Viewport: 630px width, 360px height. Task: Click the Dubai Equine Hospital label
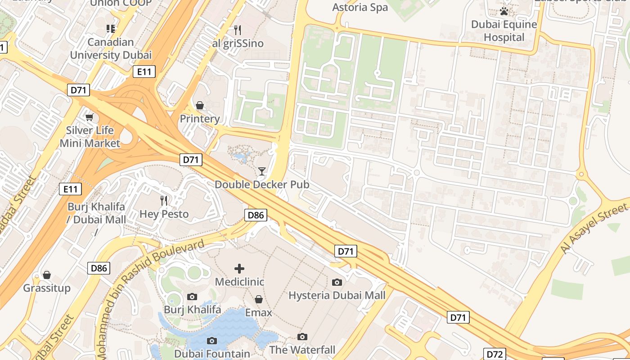[504, 31]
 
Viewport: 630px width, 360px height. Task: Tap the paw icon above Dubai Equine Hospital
[504, 11]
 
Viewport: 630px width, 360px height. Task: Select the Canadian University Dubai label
[111, 49]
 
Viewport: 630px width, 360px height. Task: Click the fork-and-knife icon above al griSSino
[238, 30]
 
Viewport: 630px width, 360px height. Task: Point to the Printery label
[200, 119]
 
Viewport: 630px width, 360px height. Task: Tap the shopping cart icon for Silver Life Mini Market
[89, 117]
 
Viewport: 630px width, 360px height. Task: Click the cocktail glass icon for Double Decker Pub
[261, 171]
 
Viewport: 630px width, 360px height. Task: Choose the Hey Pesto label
[164, 214]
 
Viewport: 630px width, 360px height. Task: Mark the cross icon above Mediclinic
[239, 269]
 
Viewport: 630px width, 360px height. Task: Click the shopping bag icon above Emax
[259, 299]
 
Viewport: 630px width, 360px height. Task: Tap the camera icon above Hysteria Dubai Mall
[337, 282]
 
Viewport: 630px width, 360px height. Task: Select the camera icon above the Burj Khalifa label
[192, 297]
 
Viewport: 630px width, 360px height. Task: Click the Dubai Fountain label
[212, 354]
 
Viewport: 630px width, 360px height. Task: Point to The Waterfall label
[302, 350]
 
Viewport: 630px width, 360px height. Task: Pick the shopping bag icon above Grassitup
[47, 275]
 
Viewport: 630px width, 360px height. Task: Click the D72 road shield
[495, 354]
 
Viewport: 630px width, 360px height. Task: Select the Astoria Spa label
[360, 8]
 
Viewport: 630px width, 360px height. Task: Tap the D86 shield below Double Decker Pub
[256, 215]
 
